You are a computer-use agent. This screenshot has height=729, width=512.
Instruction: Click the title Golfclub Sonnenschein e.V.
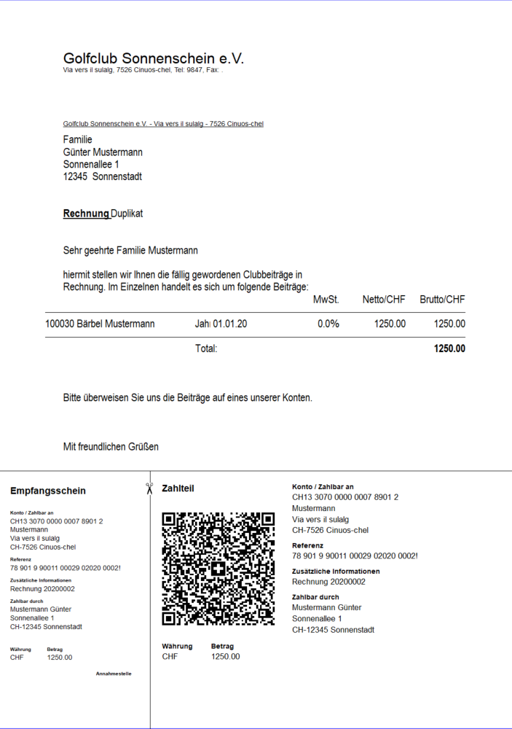click(x=153, y=58)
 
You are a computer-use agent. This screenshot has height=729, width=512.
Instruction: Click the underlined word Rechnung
click(x=86, y=214)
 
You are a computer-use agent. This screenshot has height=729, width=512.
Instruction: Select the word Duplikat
click(x=127, y=214)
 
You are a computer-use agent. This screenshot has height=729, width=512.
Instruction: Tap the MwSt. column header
click(x=326, y=300)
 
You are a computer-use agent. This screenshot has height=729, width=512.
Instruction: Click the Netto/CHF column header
click(x=384, y=300)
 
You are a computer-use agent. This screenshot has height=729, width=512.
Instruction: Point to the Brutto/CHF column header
click(x=442, y=300)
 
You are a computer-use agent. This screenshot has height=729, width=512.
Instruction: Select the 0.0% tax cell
click(x=328, y=324)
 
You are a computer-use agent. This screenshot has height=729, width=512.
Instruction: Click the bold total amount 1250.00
click(x=449, y=348)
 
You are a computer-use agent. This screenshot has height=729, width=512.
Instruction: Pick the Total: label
click(x=206, y=348)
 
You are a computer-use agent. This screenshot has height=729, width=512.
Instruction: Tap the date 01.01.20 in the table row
click(x=230, y=324)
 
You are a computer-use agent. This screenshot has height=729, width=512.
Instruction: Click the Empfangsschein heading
click(x=47, y=491)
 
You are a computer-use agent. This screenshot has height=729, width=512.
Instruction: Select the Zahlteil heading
click(x=178, y=488)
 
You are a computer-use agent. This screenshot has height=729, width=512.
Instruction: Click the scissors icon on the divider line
click(x=149, y=488)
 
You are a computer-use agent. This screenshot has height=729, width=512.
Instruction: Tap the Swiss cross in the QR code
click(x=218, y=569)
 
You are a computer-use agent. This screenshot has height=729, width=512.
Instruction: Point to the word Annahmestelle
click(x=114, y=674)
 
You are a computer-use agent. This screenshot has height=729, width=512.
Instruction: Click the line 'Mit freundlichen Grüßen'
click(x=111, y=446)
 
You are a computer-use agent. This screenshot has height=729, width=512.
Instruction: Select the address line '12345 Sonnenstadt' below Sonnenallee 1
click(x=103, y=176)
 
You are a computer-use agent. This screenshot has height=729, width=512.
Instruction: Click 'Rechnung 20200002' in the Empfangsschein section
click(x=42, y=588)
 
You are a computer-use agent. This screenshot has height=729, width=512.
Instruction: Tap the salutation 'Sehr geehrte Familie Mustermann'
click(x=130, y=251)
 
